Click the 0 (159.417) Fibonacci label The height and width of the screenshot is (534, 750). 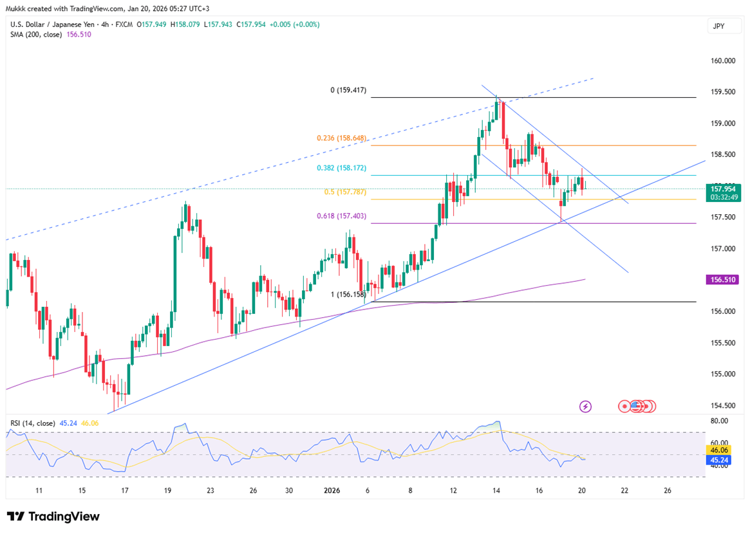[348, 91]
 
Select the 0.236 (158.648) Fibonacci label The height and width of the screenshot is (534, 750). [341, 138]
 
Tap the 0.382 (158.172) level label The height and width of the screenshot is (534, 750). [341, 169]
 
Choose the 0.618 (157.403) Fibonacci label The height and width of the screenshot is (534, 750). [341, 217]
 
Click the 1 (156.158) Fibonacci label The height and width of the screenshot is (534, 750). [348, 294]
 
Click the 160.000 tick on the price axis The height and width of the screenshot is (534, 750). [722, 61]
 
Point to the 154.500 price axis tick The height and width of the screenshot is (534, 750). [722, 405]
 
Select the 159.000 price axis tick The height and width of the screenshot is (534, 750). [722, 124]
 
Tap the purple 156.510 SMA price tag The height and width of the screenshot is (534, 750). [724, 280]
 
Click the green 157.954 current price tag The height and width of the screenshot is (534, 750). [724, 189]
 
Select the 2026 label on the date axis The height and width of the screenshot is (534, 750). [332, 491]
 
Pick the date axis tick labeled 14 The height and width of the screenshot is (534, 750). [496, 491]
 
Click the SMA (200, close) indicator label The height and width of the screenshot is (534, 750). [37, 35]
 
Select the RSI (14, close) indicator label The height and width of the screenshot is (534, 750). [32, 423]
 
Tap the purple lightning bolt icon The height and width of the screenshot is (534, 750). [585, 406]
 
